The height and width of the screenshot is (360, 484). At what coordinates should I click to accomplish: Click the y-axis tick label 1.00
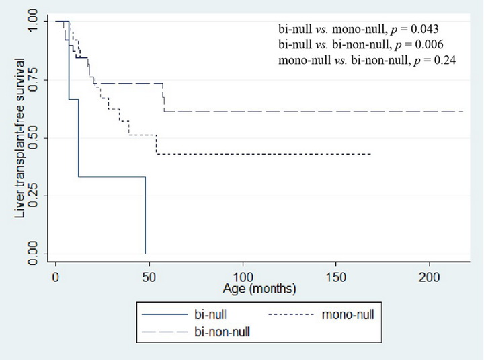tap(32, 22)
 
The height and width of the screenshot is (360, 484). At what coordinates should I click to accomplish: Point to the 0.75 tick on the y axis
tap(32, 79)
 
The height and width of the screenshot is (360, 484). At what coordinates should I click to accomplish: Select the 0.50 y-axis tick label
tap(32, 138)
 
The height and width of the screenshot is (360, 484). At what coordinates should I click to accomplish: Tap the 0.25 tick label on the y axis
tap(32, 196)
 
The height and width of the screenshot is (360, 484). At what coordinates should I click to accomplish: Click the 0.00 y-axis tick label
tap(32, 254)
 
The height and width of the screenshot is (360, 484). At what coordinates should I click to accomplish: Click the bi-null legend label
tap(210, 314)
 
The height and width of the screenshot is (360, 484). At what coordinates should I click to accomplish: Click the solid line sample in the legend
tap(165, 314)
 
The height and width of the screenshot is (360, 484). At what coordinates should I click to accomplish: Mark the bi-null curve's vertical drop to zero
tap(145, 215)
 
